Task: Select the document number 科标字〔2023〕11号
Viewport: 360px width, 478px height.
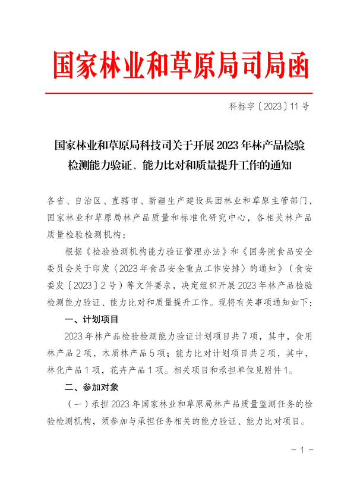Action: (269, 107)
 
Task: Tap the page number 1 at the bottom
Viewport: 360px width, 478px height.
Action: (302, 450)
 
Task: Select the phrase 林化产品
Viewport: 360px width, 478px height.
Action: (60, 370)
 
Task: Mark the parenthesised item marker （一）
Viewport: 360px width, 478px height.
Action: (77, 404)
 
